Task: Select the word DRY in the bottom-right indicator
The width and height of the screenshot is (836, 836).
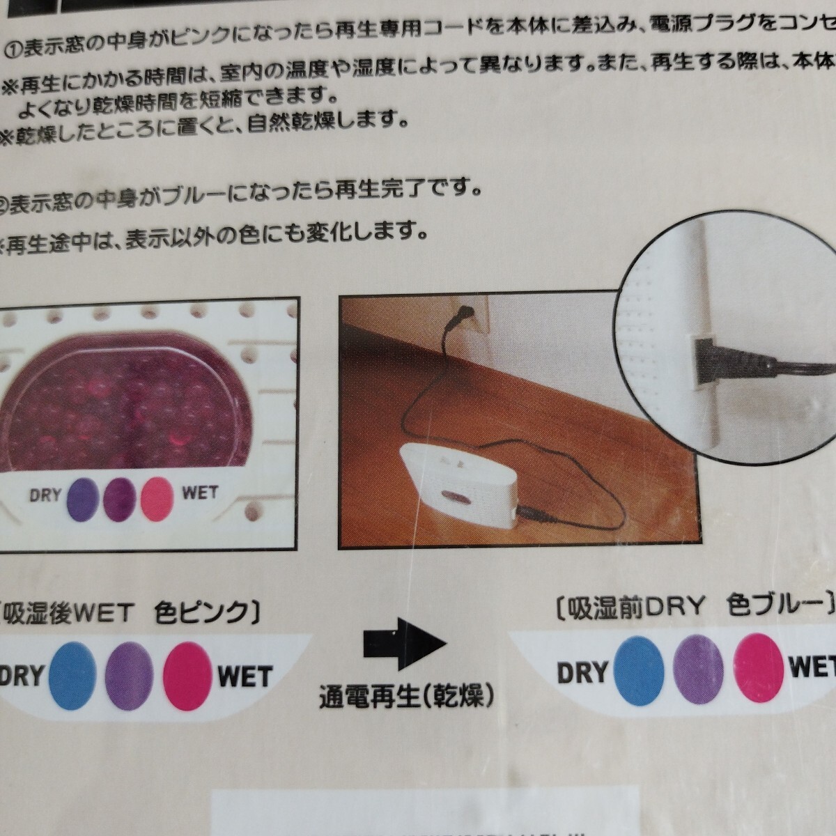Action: (x=582, y=672)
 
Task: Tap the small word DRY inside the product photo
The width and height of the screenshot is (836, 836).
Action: (x=45, y=496)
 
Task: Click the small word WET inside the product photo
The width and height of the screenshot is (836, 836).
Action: (x=200, y=493)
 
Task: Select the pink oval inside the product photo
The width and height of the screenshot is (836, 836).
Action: (x=157, y=496)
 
